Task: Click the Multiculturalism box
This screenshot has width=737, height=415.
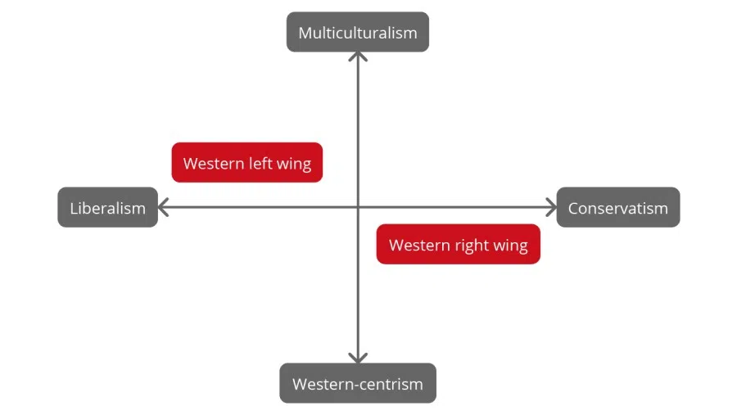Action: (x=357, y=33)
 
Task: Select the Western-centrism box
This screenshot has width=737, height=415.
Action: (x=357, y=383)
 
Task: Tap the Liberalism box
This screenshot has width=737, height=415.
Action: (x=107, y=208)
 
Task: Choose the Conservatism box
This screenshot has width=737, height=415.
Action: (x=617, y=208)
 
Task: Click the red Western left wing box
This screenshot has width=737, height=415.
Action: (x=246, y=163)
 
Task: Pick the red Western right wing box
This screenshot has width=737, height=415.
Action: (x=458, y=245)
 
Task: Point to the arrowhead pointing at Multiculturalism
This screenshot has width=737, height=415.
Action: (x=358, y=56)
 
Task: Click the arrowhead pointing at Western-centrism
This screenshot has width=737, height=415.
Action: (x=358, y=358)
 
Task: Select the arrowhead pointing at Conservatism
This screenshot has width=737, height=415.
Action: (x=551, y=207)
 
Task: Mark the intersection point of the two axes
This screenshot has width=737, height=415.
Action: (x=358, y=207)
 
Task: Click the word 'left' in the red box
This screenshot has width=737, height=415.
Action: (x=261, y=163)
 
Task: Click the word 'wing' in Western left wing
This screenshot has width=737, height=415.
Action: (x=294, y=164)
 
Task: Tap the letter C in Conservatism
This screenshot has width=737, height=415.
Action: (x=574, y=208)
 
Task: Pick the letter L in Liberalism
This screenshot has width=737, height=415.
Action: (x=74, y=208)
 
